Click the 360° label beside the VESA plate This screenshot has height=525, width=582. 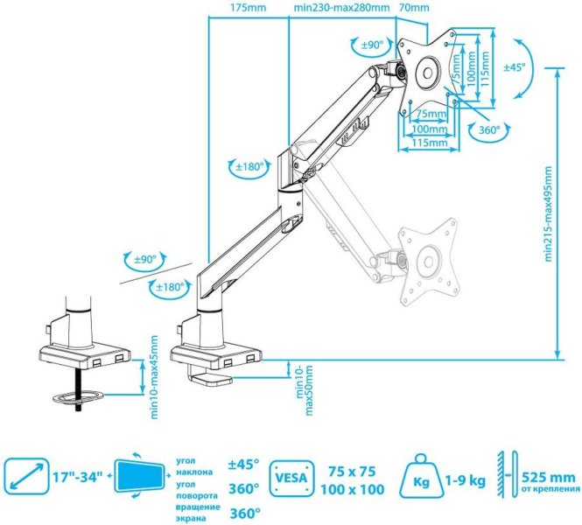click(490, 130)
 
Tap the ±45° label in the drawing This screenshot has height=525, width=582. click(514, 67)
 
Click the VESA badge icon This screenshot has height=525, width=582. click(289, 478)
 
